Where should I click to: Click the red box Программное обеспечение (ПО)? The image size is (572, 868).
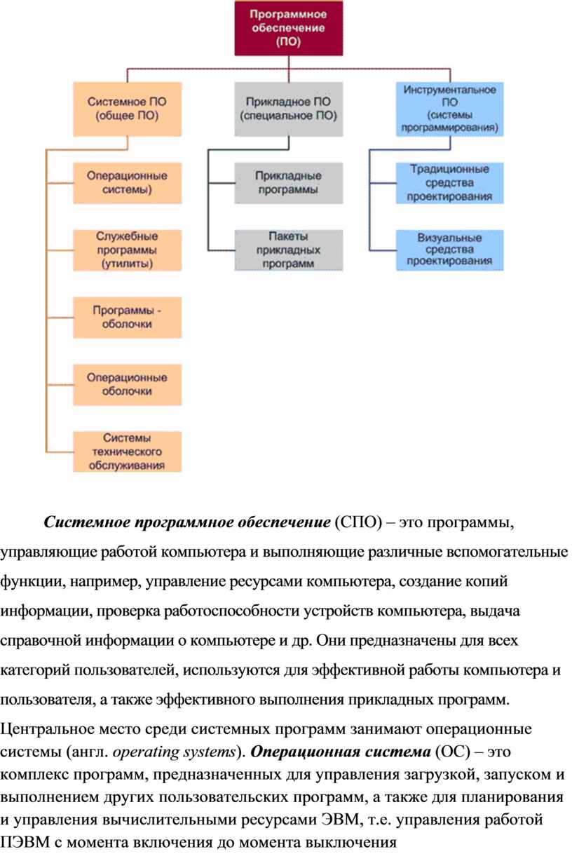click(x=289, y=28)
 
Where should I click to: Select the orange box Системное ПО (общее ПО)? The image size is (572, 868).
click(x=127, y=109)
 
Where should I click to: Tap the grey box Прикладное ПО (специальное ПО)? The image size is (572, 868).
click(x=289, y=109)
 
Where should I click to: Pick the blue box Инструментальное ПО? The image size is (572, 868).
click(x=449, y=109)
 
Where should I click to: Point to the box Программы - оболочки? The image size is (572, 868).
click(x=127, y=317)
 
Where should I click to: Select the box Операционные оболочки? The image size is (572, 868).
click(x=127, y=384)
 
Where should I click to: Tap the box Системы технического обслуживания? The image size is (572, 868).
click(x=127, y=451)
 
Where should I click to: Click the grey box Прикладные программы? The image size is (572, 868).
click(x=289, y=182)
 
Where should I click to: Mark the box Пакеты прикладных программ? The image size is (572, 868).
click(x=289, y=250)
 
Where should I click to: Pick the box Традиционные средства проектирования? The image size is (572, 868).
click(x=449, y=182)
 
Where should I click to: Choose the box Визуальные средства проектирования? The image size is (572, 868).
click(x=449, y=250)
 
